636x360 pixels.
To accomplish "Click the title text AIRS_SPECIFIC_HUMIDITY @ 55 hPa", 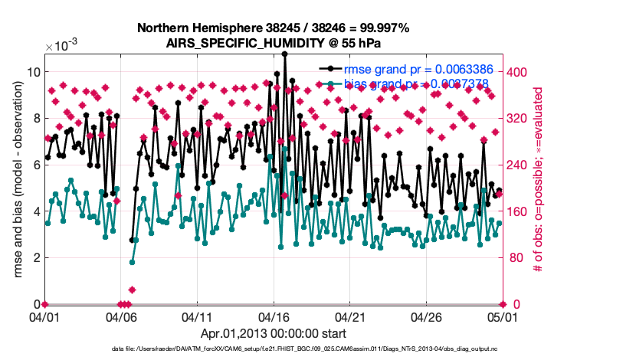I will [x=273, y=43].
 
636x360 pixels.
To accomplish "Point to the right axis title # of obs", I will [x=539, y=179].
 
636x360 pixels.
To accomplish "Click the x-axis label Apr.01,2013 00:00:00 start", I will [x=274, y=333].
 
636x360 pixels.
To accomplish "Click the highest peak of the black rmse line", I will [x=285, y=54].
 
